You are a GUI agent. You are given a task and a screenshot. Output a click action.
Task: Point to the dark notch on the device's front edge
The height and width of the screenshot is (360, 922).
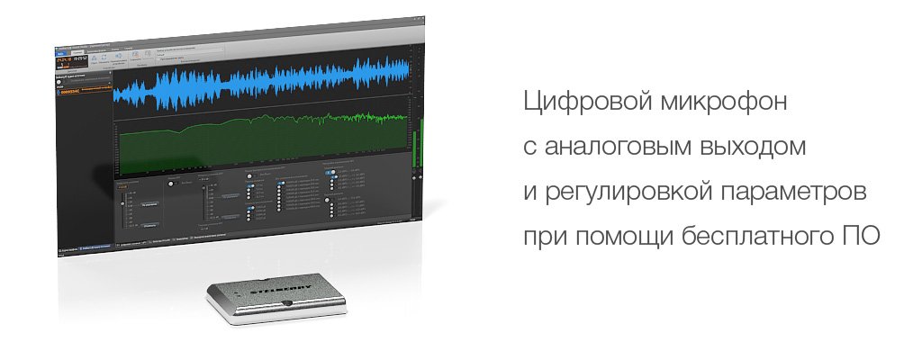(285, 306)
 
